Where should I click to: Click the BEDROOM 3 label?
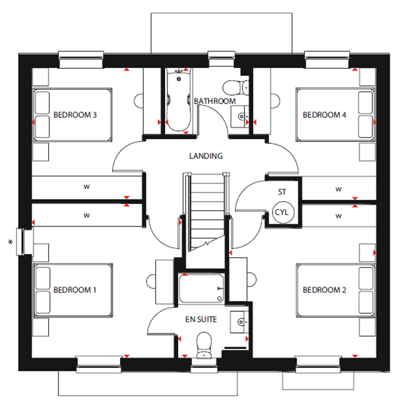[x=75, y=115]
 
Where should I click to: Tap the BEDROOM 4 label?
[x=324, y=115]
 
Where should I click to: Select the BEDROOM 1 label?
[x=75, y=290]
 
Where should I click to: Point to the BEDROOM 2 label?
[x=324, y=290]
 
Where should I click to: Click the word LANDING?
[x=206, y=156]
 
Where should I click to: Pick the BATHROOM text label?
[x=215, y=101]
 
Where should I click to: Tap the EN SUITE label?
[x=201, y=319]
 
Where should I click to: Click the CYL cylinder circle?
[x=282, y=212]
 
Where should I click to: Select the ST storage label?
[x=282, y=192]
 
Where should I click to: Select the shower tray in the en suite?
[x=201, y=289]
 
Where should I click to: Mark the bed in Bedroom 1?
[x=73, y=291]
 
